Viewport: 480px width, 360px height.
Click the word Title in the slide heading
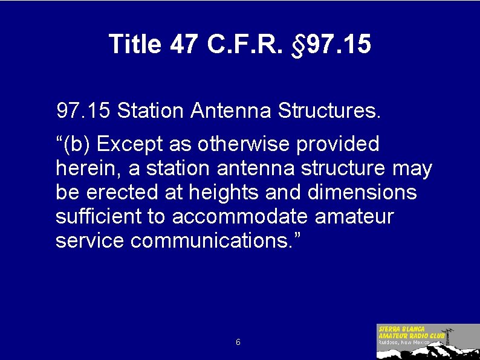(135, 44)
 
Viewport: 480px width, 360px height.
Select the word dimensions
(362, 193)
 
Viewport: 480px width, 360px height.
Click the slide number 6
(238, 342)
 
